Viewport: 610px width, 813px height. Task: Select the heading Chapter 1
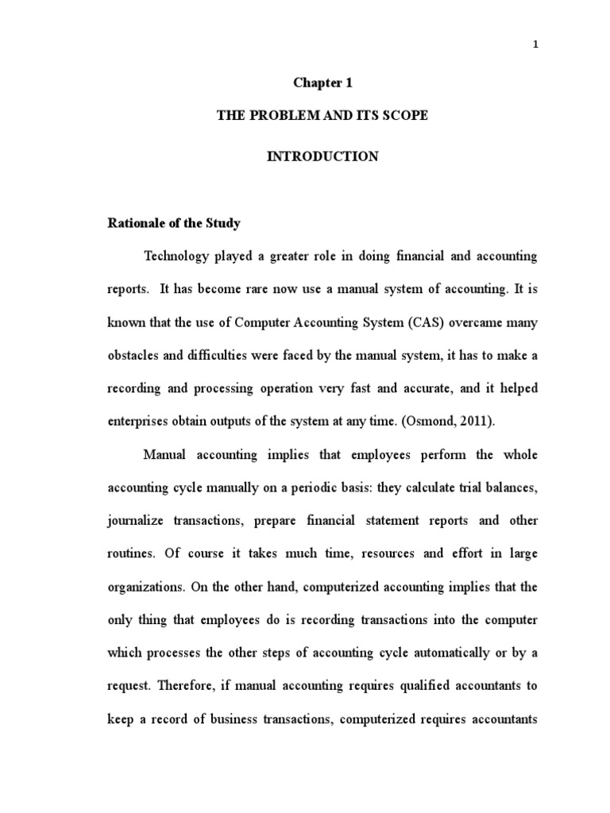pos(322,83)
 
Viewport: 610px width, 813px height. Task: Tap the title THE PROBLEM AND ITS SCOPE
pos(322,116)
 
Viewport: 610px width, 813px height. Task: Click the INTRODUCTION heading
pos(322,157)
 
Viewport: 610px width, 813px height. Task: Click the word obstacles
pos(133,356)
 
